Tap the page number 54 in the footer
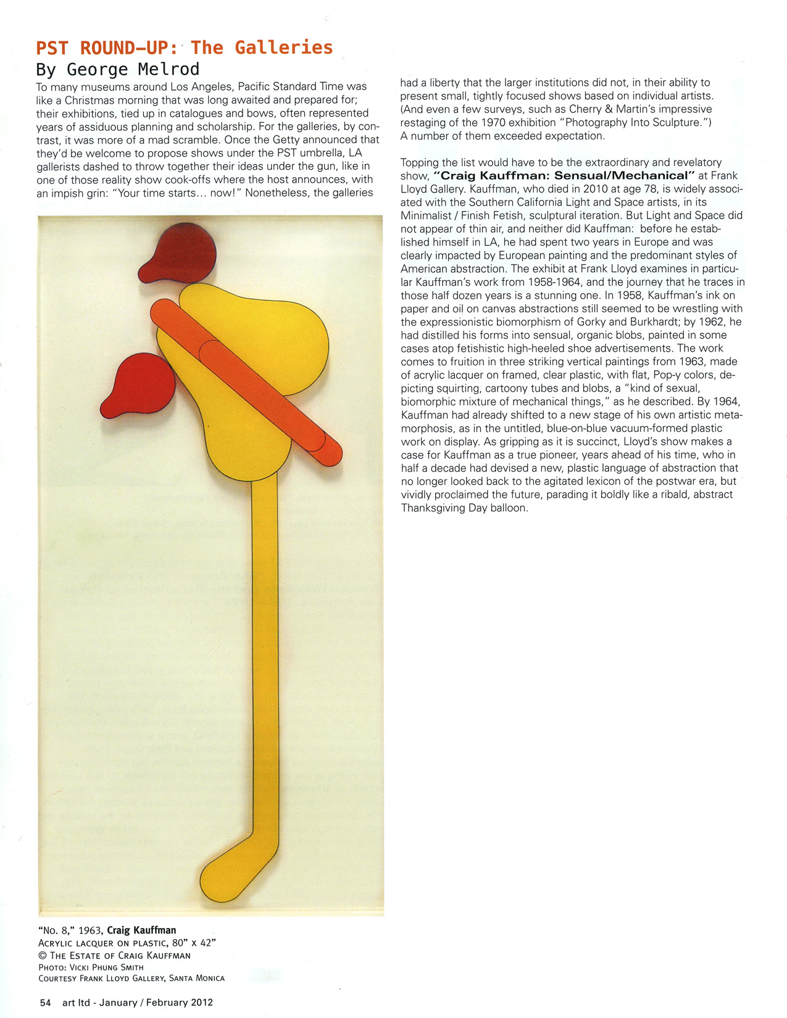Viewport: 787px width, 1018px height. [x=45, y=1003]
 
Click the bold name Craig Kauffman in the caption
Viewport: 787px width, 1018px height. [x=141, y=930]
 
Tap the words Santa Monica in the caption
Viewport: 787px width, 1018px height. [x=197, y=979]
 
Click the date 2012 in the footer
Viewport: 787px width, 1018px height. [x=201, y=1003]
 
